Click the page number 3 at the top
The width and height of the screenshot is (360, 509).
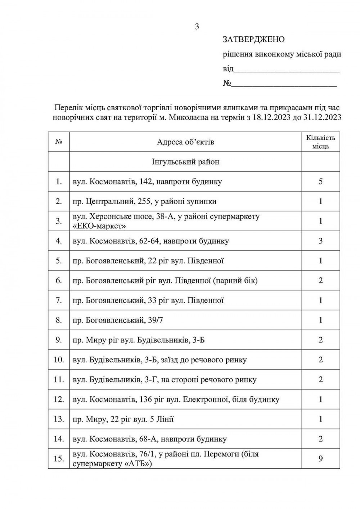pos(197,26)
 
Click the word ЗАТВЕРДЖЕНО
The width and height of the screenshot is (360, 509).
pos(254,39)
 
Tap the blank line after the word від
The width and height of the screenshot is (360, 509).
pos(286,70)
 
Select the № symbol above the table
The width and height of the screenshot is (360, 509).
pos(227,84)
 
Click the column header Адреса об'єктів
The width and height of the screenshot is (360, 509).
pos(185,142)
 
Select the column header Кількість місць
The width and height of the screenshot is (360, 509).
pos(320,142)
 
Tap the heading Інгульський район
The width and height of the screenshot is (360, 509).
pos(185,162)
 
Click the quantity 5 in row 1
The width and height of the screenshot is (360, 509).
pos(320,181)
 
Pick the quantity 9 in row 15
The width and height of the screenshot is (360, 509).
pos(320,459)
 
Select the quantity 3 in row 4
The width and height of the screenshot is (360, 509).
pos(320,241)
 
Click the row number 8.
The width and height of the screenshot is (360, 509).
pos(59,320)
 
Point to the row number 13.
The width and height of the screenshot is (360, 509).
pos(59,419)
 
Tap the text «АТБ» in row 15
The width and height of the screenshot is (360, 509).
pos(138,464)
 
